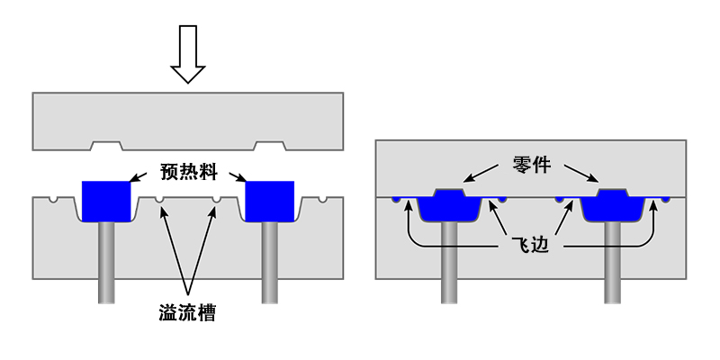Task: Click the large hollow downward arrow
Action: pyautogui.click(x=188, y=54)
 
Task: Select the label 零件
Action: pyautogui.click(x=531, y=165)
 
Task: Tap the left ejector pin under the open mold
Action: pyautogui.click(x=106, y=261)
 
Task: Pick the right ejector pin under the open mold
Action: pyautogui.click(x=269, y=261)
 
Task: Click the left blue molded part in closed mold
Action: pyautogui.click(x=447, y=206)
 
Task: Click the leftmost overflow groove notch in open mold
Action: pyautogui.click(x=55, y=199)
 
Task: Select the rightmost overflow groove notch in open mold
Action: pyautogui.click(x=321, y=199)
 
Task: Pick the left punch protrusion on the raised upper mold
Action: pyautogui.click(x=106, y=145)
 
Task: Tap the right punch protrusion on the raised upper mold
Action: pyautogui.click(x=269, y=145)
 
